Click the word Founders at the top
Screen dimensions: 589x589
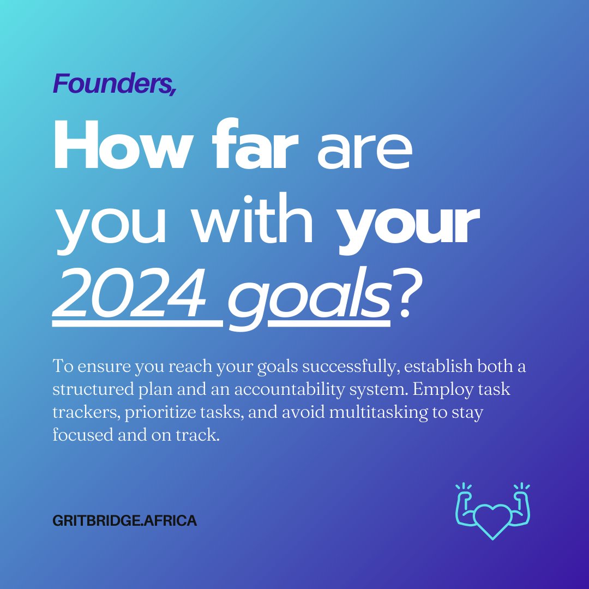pos(114,83)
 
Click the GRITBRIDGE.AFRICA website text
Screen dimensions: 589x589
pos(125,521)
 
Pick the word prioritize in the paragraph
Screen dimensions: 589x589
pos(161,413)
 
